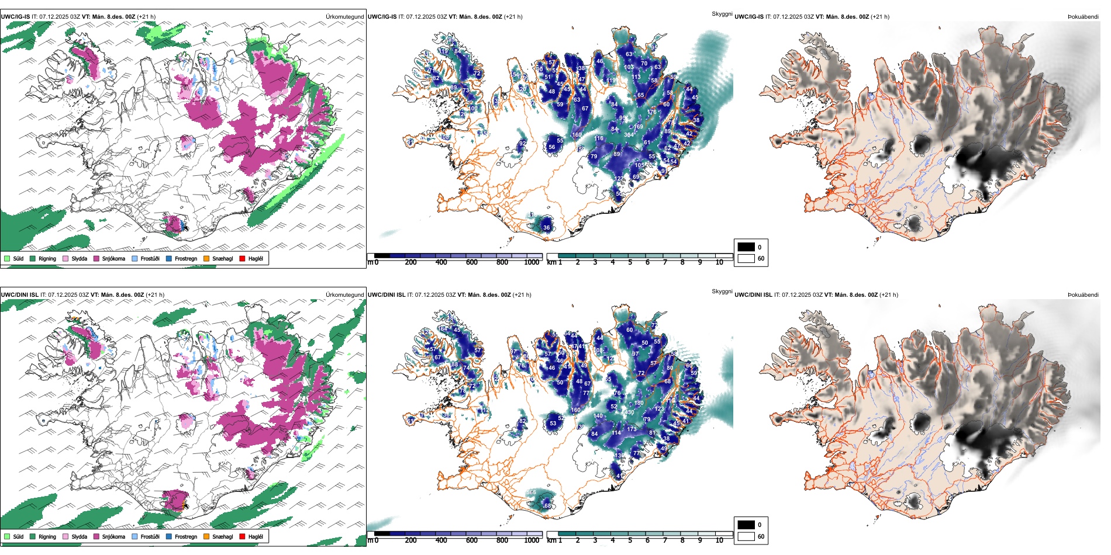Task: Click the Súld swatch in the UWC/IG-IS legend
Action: [x=7, y=258]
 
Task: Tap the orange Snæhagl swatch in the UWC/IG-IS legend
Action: [x=206, y=258]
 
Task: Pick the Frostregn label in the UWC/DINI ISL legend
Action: [x=185, y=536]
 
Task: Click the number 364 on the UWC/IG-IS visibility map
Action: [x=629, y=135]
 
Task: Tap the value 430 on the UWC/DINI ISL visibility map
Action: [x=629, y=412]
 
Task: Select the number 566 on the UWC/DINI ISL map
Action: [x=531, y=492]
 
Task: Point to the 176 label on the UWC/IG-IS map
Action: [x=652, y=112]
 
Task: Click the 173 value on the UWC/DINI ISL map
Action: [x=632, y=429]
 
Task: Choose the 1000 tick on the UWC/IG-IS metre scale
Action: [x=532, y=262]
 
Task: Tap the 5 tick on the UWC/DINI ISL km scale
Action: [x=630, y=540]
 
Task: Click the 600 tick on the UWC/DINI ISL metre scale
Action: [x=472, y=540]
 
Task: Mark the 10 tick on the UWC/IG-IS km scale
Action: [x=719, y=262]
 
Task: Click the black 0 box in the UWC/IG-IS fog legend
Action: [x=746, y=247]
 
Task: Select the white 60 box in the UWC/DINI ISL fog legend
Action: [x=746, y=536]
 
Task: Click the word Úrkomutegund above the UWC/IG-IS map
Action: [x=345, y=17]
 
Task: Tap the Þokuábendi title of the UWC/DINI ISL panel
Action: [x=1083, y=295]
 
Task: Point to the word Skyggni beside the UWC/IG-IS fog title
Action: [x=722, y=14]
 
